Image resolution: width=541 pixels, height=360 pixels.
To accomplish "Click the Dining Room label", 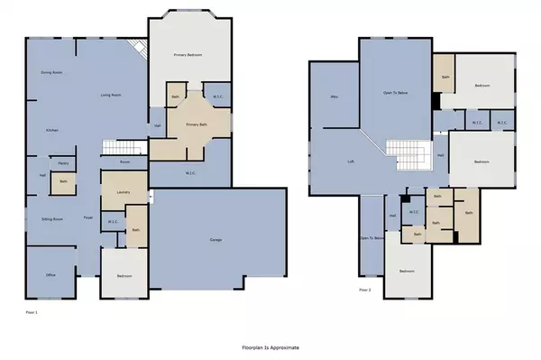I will [51, 72].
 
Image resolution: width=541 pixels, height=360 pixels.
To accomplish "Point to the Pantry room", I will [64, 163].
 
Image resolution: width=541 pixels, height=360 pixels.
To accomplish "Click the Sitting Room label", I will [52, 219].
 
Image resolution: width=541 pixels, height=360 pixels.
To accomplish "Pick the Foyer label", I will [88, 218].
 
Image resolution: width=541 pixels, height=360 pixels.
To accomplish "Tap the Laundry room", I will [120, 190].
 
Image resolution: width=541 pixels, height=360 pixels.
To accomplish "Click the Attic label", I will [334, 97].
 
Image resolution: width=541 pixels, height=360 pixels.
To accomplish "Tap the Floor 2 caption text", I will [365, 290].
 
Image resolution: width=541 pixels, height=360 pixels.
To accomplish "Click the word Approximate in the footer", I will [286, 346].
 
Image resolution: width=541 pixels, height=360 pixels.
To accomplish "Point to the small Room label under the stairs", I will [124, 162].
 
